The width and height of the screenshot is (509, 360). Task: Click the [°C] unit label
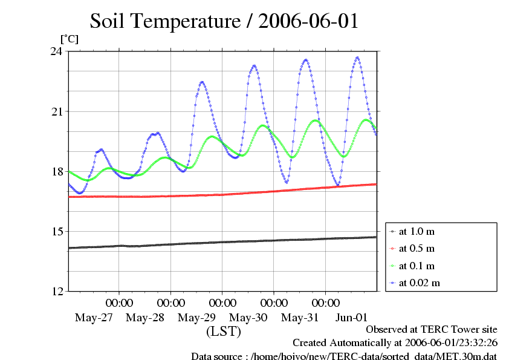(68, 39)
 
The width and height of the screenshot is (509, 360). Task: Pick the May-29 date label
(196, 317)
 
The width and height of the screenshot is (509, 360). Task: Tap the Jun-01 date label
(351, 317)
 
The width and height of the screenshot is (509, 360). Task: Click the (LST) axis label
(224, 332)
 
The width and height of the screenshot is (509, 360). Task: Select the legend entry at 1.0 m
(418, 231)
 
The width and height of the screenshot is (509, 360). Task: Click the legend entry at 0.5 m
(418, 248)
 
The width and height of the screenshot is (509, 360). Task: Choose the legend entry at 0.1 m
(418, 266)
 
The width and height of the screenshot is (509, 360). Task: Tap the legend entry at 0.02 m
(420, 283)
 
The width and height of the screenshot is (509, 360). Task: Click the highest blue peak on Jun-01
(358, 57)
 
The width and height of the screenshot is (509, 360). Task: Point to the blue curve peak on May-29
(202, 82)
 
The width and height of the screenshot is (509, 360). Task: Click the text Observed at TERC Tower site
(432, 330)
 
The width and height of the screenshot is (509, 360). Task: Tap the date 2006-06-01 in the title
(308, 21)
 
